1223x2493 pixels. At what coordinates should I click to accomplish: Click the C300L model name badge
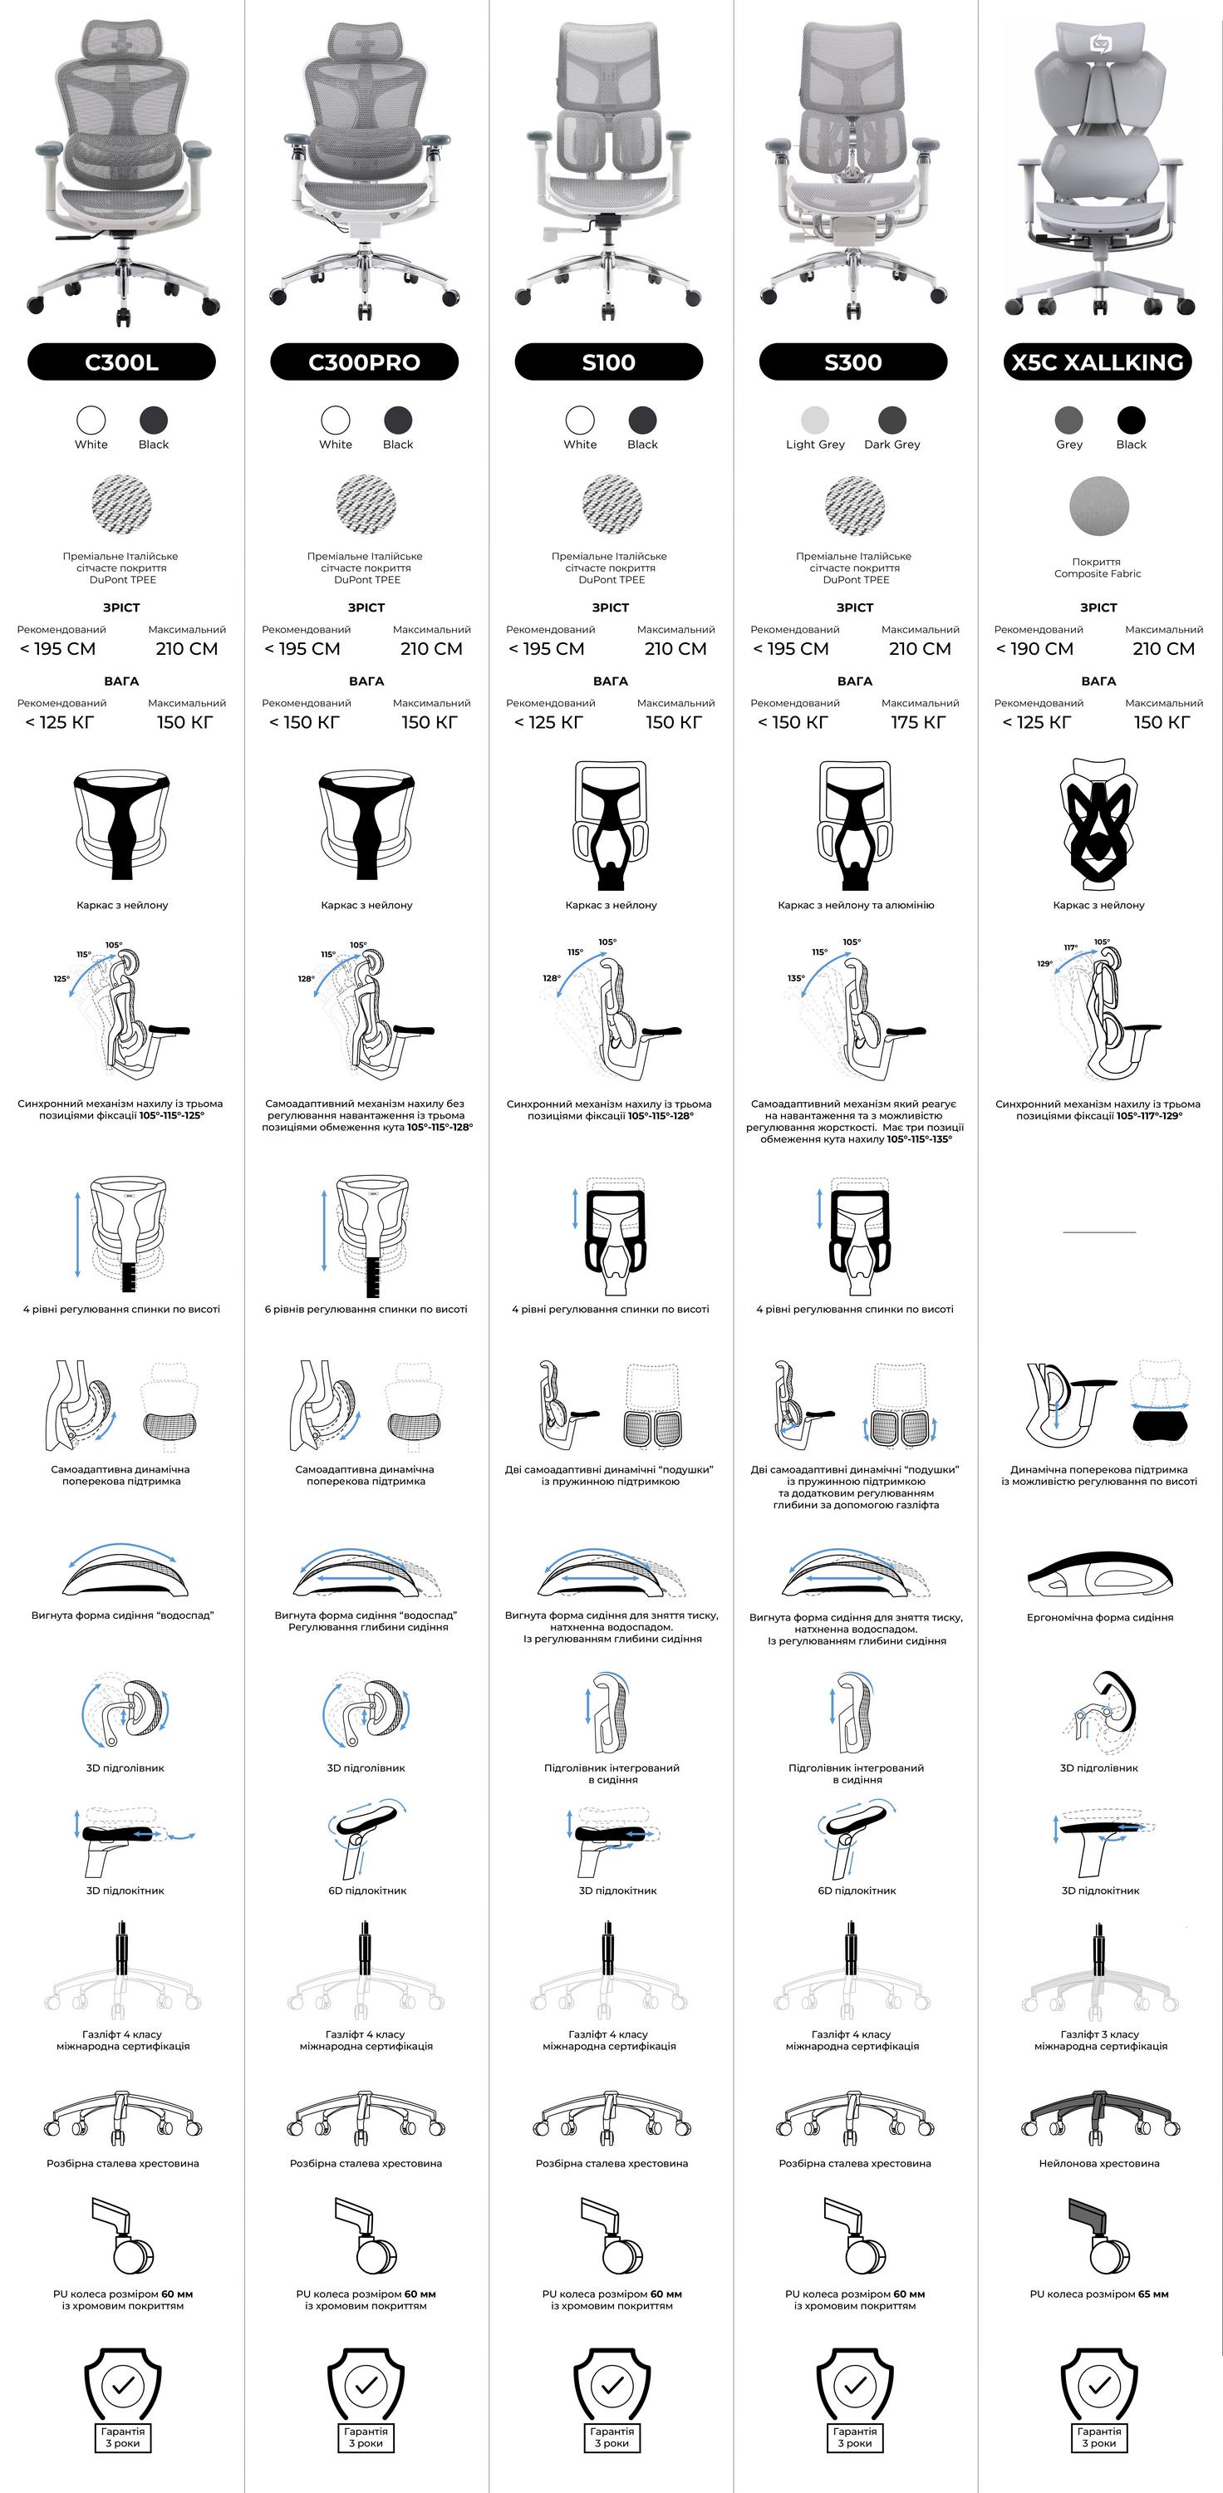click(122, 362)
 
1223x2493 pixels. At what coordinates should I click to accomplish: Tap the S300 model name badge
click(853, 362)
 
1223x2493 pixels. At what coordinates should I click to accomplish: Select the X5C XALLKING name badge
click(1098, 362)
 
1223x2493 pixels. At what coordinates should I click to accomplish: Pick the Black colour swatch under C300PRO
click(398, 420)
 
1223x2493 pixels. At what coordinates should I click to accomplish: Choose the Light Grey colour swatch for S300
click(816, 420)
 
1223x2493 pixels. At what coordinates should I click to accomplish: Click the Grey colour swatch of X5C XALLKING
click(1069, 420)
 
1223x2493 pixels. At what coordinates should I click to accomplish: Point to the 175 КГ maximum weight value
click(918, 722)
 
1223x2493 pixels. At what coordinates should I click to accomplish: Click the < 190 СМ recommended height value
click(1034, 648)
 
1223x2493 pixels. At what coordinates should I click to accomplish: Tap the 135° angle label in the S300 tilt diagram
click(796, 978)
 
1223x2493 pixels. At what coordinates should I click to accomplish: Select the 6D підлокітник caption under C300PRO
click(366, 1890)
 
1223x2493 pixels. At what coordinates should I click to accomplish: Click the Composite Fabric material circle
click(1099, 505)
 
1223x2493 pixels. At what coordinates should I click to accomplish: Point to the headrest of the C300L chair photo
click(122, 41)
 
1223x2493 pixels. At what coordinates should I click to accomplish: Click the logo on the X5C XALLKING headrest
click(1101, 43)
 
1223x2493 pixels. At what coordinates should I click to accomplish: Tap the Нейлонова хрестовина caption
click(1099, 2163)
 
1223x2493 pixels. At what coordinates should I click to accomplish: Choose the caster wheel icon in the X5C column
click(1098, 2235)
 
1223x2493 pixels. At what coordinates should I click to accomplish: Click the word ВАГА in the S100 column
click(611, 681)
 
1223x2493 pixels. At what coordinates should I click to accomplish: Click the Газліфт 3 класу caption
click(1100, 2034)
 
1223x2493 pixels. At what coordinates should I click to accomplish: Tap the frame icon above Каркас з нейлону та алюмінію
click(855, 824)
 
